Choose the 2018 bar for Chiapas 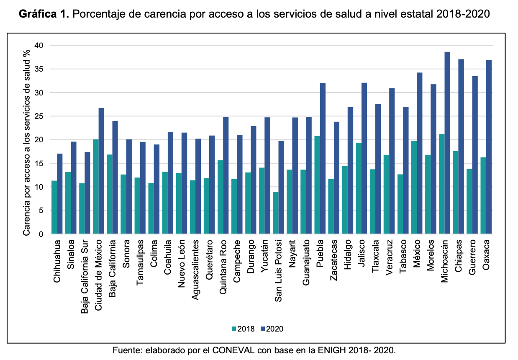pyautogui.click(x=456, y=193)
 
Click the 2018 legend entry pyautogui.click(x=243, y=329)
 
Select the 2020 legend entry pyautogui.click(x=272, y=329)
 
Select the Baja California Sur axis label pyautogui.click(x=85, y=276)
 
